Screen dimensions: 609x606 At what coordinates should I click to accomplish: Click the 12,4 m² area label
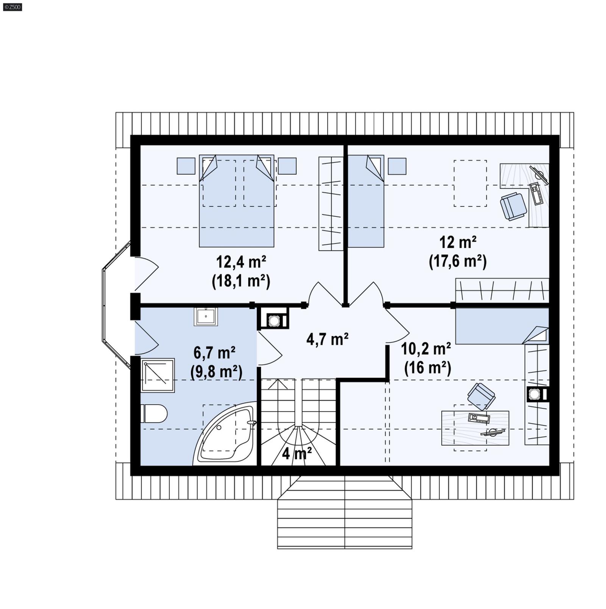point(241,261)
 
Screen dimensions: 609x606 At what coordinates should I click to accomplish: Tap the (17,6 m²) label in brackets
point(458,261)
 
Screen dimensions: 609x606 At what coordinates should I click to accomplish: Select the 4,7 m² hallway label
point(327,339)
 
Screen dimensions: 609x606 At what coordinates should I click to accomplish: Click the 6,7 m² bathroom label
point(214,353)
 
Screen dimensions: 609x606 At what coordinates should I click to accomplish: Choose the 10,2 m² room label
point(426,349)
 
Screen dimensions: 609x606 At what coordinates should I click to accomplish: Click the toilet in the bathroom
point(155,413)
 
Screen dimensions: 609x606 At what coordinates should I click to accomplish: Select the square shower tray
point(158,375)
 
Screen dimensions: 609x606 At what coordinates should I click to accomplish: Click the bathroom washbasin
point(206,316)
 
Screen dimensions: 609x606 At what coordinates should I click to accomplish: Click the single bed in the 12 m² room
point(366,201)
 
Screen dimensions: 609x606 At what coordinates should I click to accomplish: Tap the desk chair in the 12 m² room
point(513,206)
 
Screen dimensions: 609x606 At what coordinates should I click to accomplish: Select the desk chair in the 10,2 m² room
point(481,396)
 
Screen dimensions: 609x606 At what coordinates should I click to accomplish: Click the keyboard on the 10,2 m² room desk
point(479,418)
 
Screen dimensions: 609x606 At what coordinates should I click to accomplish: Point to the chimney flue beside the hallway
point(274,321)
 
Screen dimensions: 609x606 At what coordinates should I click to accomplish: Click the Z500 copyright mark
point(12,7)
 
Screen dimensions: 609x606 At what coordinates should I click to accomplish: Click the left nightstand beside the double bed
point(186,166)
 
